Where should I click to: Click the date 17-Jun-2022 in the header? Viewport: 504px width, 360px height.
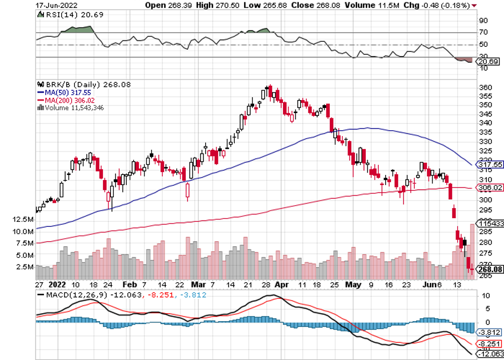57,5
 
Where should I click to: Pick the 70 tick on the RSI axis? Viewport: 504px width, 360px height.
483,33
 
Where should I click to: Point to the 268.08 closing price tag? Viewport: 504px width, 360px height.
489,269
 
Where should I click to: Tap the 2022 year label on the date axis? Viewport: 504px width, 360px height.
58,283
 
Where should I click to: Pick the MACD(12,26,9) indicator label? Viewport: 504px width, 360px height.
65,294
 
